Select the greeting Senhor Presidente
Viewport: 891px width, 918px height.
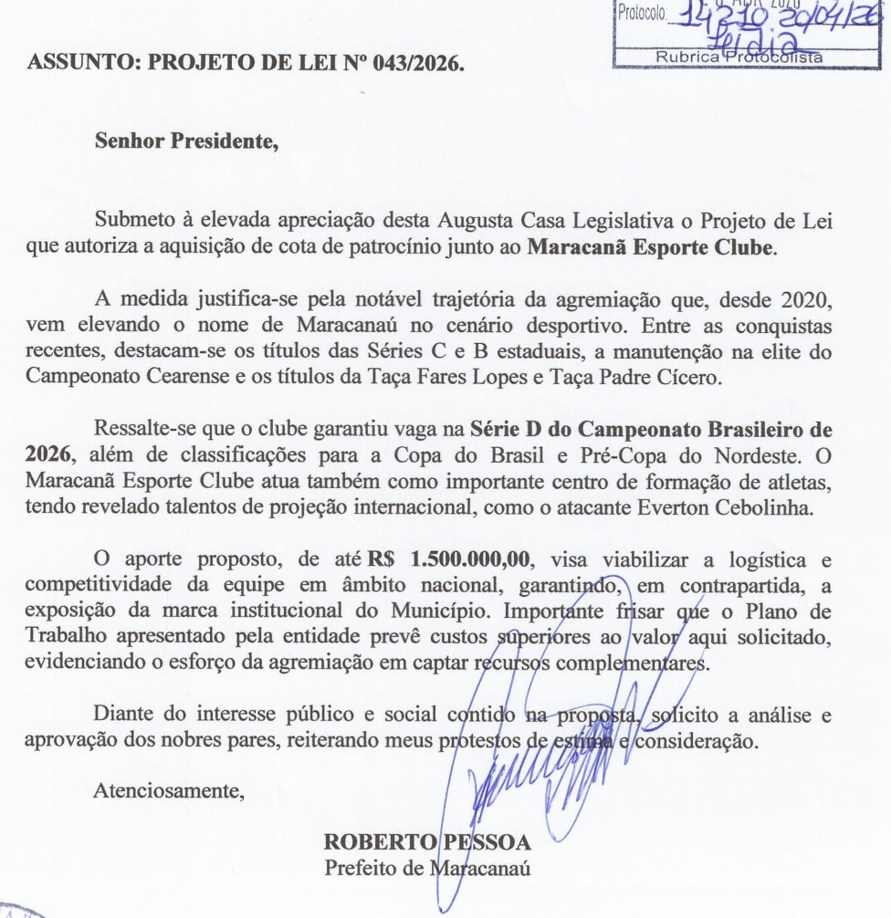pyautogui.click(x=185, y=141)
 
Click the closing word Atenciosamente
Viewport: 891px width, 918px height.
pyautogui.click(x=168, y=790)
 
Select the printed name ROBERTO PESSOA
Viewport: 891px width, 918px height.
pyautogui.click(x=428, y=840)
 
